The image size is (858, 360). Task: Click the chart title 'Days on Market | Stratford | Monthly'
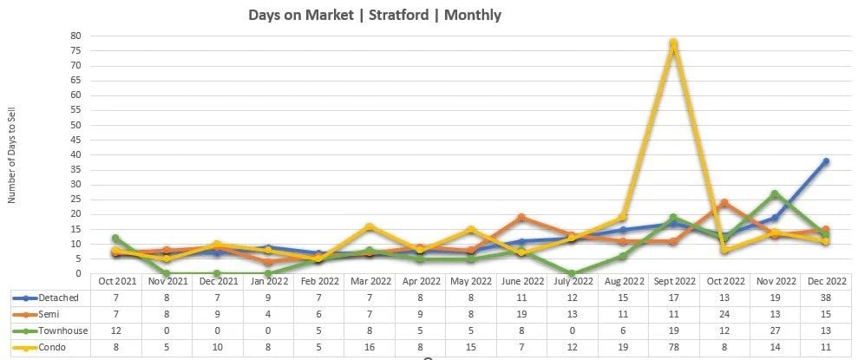coord(374,16)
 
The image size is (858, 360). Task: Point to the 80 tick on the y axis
coord(75,36)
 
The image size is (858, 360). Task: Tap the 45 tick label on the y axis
coord(75,140)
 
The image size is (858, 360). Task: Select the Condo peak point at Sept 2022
coord(672,43)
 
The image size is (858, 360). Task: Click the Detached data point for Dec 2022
coord(826,161)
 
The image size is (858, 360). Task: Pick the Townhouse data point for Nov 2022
coord(775,193)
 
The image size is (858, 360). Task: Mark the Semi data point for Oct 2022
coord(724,203)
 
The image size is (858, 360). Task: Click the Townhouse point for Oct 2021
coord(115,238)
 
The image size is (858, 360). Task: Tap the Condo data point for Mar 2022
coord(370,226)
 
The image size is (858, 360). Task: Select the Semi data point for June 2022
coord(521,218)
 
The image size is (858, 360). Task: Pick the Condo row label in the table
coord(54,347)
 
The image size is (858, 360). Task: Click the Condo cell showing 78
coord(672,347)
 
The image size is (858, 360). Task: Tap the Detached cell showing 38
coord(826,298)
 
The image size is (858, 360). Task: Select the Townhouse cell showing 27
coord(775,331)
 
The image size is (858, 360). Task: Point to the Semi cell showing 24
coord(724,314)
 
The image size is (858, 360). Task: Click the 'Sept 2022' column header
coord(672,281)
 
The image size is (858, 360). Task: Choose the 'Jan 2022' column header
coord(267,281)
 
